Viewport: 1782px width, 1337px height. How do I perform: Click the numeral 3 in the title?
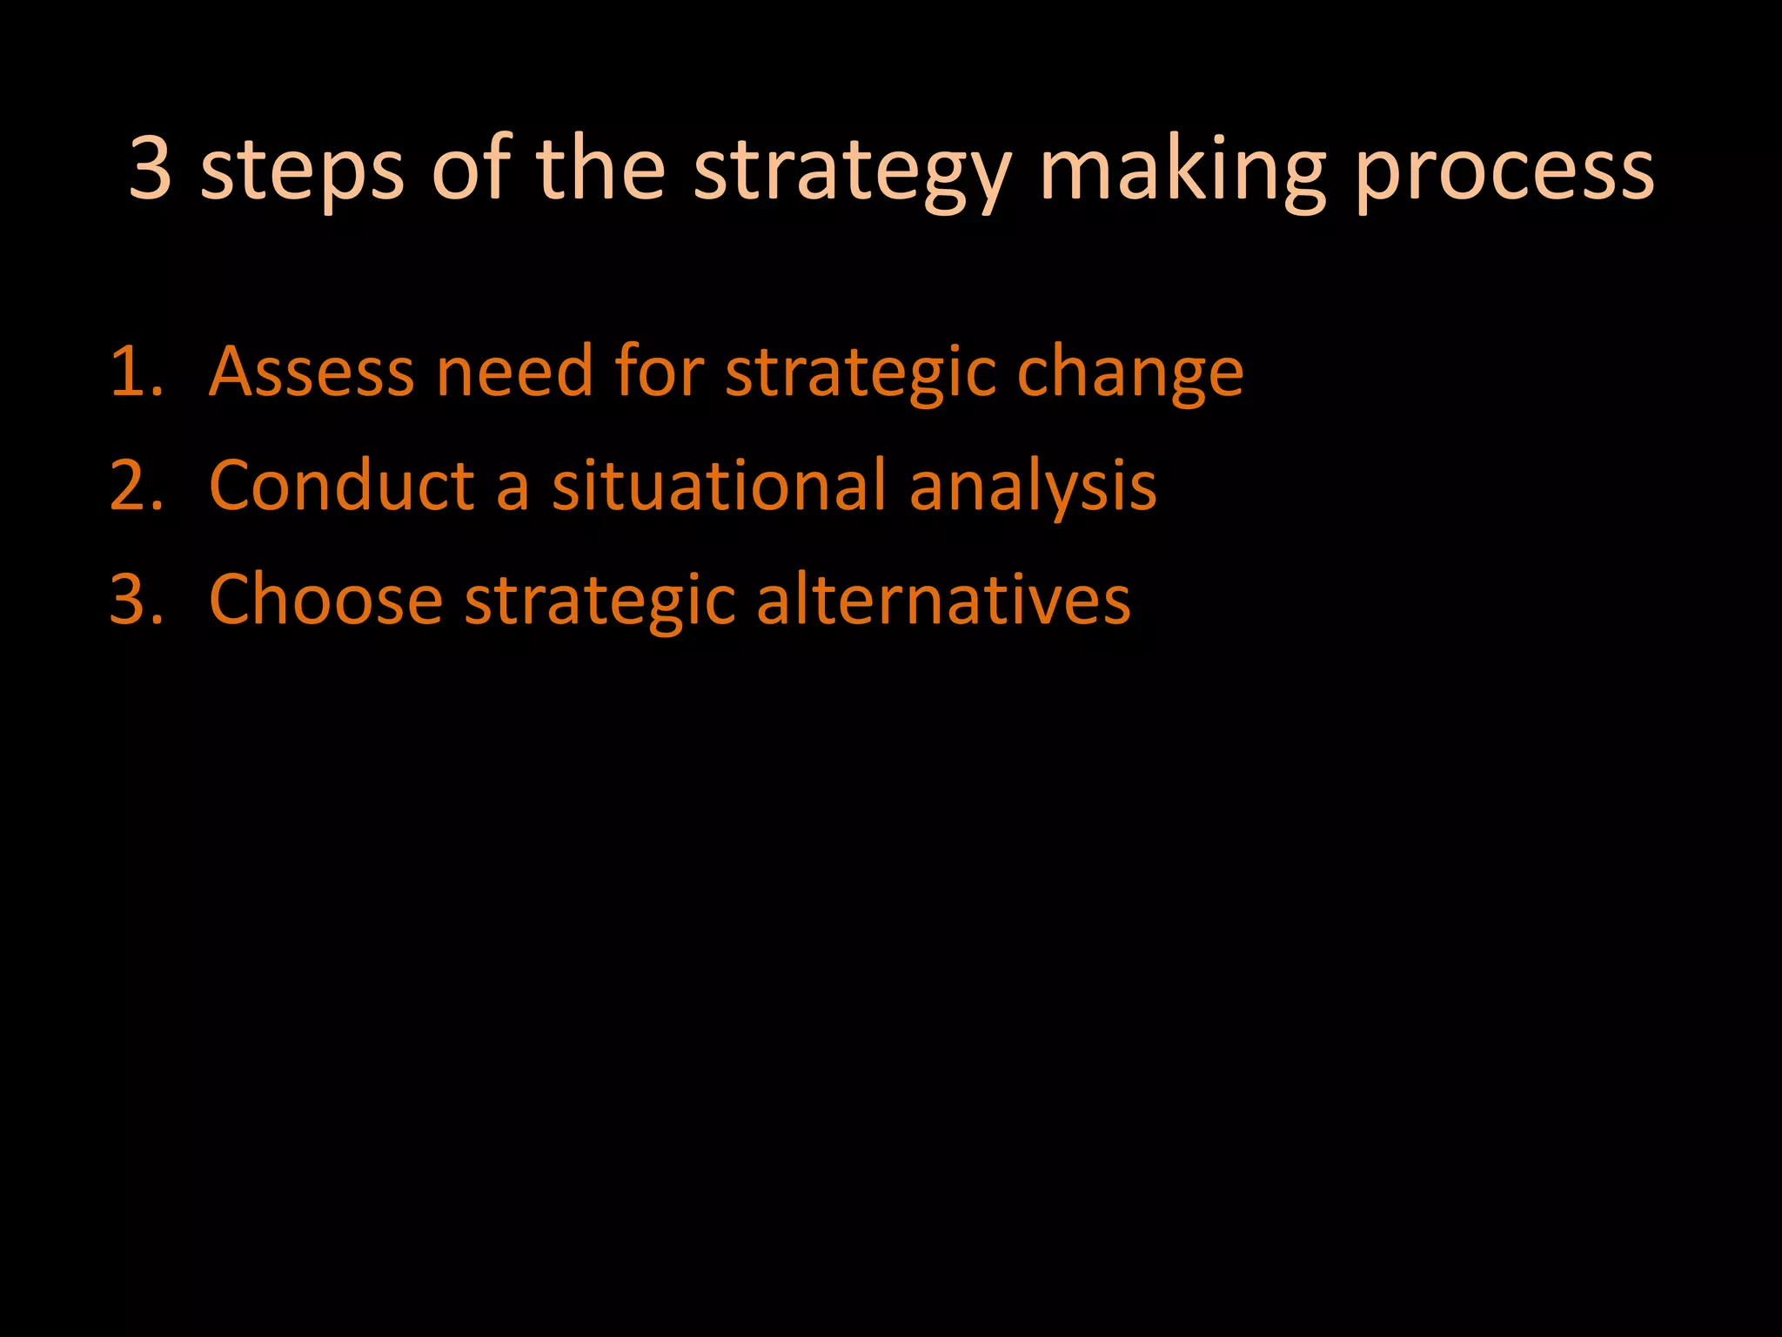click(150, 169)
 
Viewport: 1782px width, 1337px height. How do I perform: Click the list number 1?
click(136, 372)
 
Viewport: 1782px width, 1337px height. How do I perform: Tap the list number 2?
click(136, 486)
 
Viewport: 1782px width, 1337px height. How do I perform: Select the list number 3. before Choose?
click(136, 600)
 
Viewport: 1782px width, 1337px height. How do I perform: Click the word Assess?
click(311, 372)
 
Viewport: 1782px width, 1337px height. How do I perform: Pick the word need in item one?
click(514, 372)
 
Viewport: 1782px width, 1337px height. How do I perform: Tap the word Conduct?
click(341, 486)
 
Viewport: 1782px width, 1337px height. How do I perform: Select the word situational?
click(719, 486)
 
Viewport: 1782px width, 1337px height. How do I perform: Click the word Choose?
click(325, 600)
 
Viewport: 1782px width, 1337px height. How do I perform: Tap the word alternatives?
click(943, 600)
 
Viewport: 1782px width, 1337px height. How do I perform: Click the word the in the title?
click(601, 169)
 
